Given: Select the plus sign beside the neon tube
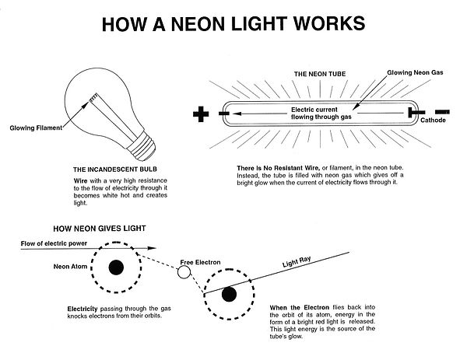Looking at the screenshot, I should coord(202,115).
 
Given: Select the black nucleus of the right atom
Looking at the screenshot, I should coord(229,294).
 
